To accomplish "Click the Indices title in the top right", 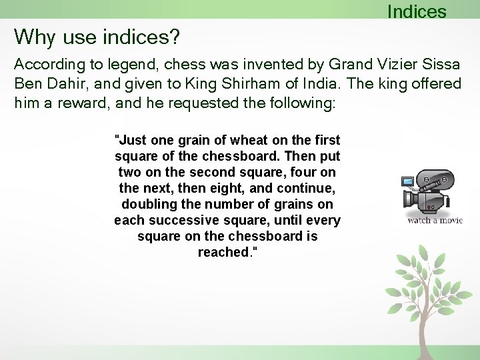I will pos(416,11).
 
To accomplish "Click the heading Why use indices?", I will pos(97,37).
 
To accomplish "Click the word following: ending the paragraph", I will pos(303,103).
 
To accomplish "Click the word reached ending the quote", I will pos(222,252).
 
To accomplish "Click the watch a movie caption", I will pos(435,220).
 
